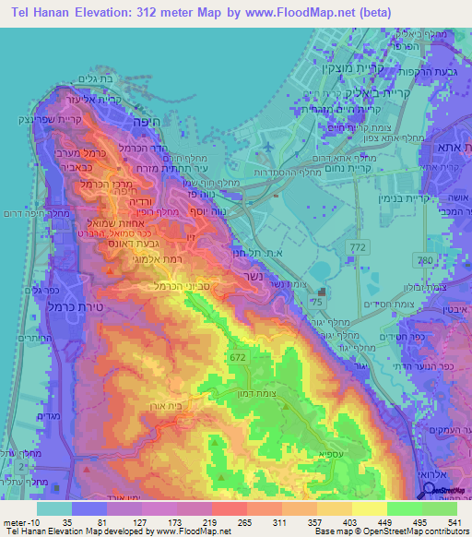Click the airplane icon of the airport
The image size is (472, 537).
click(x=267, y=148)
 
